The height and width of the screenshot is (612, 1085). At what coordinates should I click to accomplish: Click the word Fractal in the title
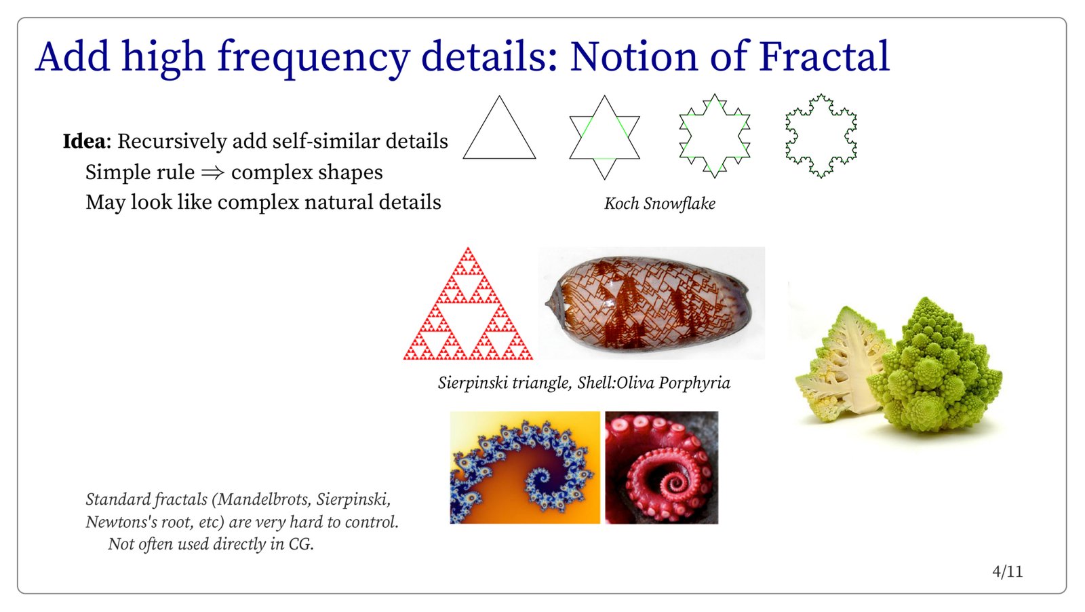pos(824,56)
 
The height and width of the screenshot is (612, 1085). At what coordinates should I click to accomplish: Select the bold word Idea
pos(84,142)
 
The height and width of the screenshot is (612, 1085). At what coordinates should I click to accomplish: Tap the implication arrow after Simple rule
pos(213,172)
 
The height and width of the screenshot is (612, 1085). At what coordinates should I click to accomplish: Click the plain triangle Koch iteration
pos(499,127)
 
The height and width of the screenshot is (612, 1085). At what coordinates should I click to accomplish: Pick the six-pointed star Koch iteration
pos(604,137)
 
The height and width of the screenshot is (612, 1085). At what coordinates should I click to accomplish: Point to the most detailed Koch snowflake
pos(821,136)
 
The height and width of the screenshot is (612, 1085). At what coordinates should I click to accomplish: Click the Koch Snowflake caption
pos(660,204)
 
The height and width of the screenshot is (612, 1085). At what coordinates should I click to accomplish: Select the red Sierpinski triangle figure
pos(468,304)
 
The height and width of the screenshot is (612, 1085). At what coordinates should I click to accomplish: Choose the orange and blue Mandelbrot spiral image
pos(525,467)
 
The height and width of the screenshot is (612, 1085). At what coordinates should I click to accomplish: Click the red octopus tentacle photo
pos(662,467)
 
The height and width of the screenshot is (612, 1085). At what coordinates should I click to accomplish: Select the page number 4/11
pos(1008,572)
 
